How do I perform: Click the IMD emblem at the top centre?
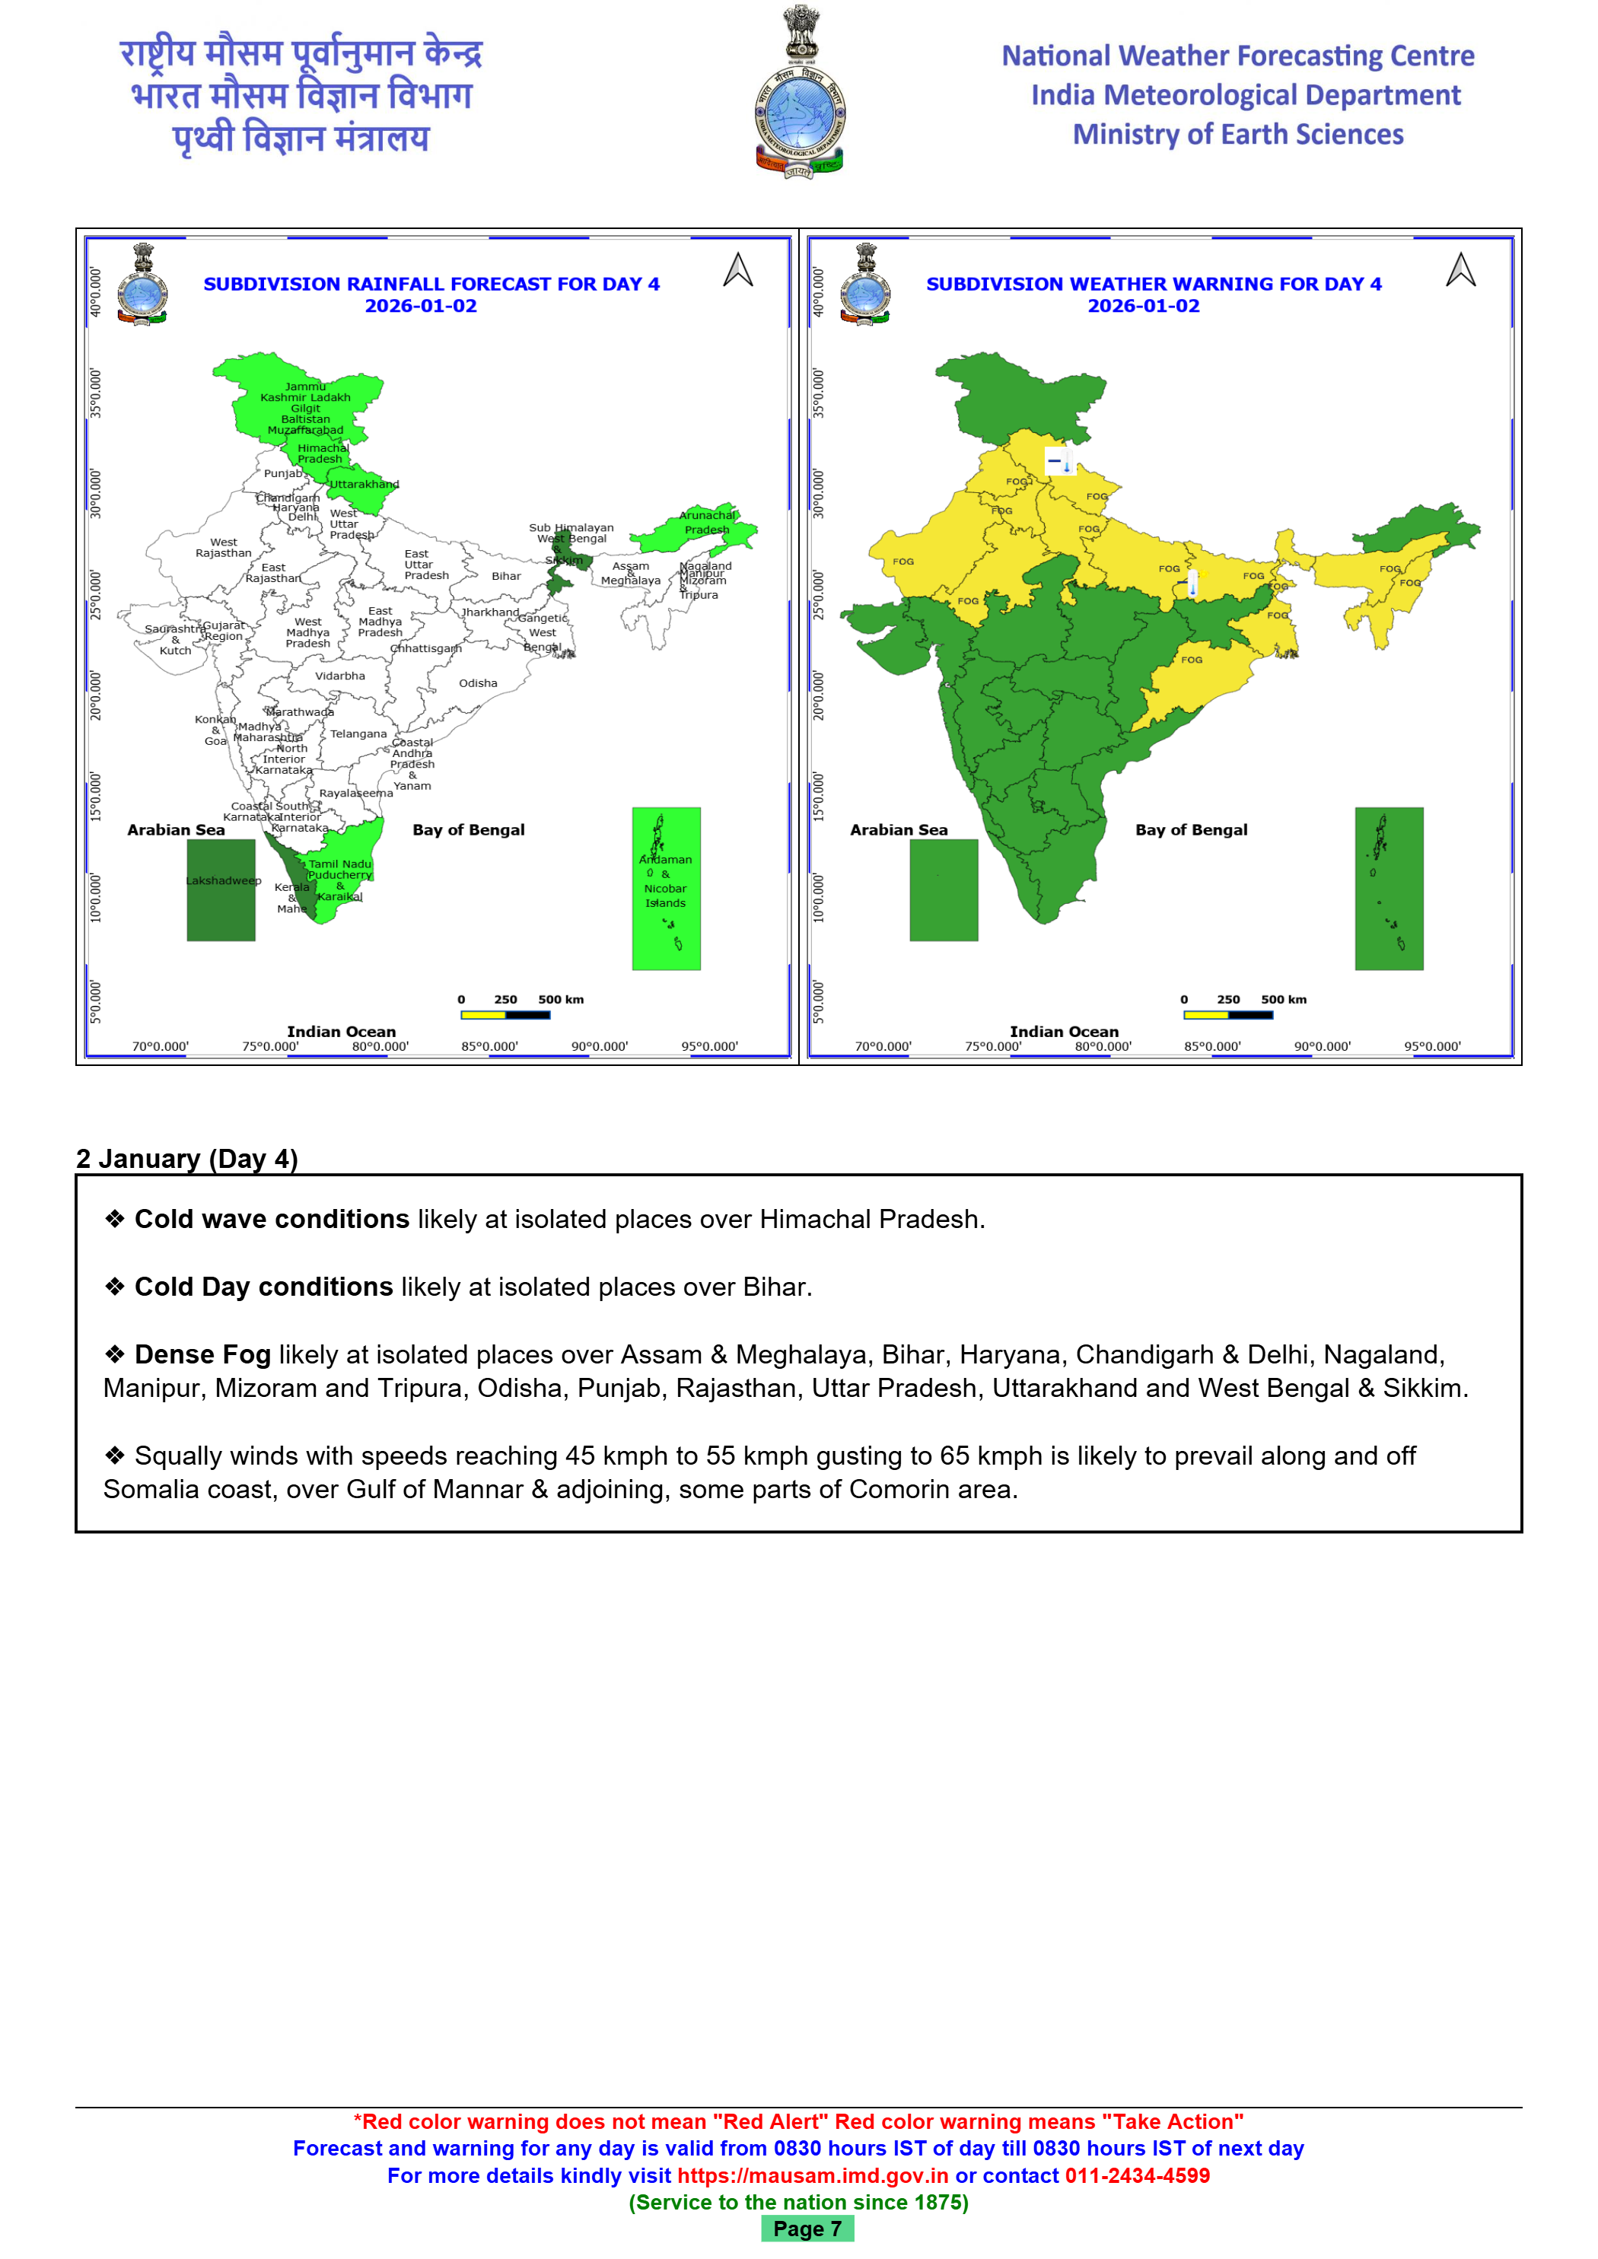(799, 94)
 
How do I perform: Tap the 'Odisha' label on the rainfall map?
(477, 682)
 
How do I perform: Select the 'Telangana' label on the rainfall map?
(358, 734)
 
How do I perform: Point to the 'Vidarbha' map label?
(339, 676)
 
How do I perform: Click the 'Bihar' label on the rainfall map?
(506, 577)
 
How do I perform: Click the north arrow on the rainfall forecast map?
(738, 269)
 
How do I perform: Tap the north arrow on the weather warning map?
(1460, 269)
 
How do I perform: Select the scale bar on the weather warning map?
(1227, 1014)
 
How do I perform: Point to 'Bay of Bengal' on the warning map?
(1191, 829)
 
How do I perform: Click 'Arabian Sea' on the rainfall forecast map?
(176, 829)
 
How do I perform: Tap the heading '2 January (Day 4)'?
(187, 1158)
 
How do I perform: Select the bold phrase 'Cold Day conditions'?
(264, 1287)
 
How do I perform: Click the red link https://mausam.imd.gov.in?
(813, 2175)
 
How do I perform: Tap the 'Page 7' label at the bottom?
(807, 2229)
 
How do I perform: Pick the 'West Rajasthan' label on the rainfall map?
(224, 548)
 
